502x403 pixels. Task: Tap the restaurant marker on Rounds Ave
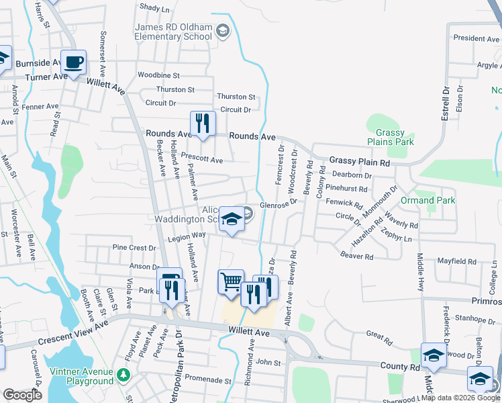coord(202,124)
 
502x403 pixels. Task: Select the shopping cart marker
coord(231,281)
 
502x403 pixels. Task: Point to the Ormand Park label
coord(428,200)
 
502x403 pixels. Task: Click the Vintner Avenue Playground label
coord(81,377)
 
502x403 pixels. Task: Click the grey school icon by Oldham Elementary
coord(223,30)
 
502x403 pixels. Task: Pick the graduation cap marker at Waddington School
coord(232,219)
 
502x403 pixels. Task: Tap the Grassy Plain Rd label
coord(359,163)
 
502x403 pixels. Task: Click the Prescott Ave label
coord(202,159)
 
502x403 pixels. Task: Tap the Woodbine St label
coord(158,75)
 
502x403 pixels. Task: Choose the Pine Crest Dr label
coord(134,248)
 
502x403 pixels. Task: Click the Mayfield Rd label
coord(456,260)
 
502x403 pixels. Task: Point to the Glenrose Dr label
coord(278,205)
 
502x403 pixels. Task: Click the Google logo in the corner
coord(23,395)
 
